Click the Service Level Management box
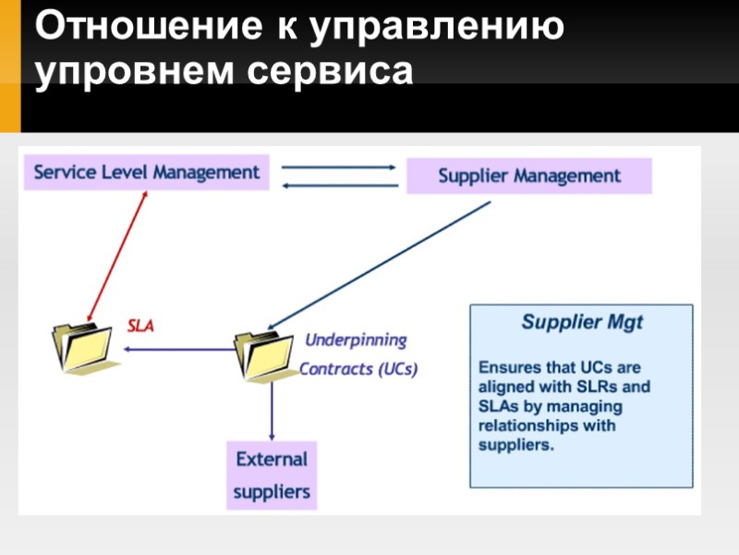pyautogui.click(x=147, y=172)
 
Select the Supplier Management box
pyautogui.click(x=529, y=176)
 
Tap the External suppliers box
pyautogui.click(x=272, y=475)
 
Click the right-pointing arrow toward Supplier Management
pyautogui.click(x=338, y=167)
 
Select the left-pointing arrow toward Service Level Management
pyautogui.click(x=338, y=185)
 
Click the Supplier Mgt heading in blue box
pyautogui.click(x=582, y=323)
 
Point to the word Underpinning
pyautogui.click(x=356, y=339)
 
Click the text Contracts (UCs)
pyautogui.click(x=358, y=369)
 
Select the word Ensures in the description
pyautogui.click(x=509, y=367)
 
